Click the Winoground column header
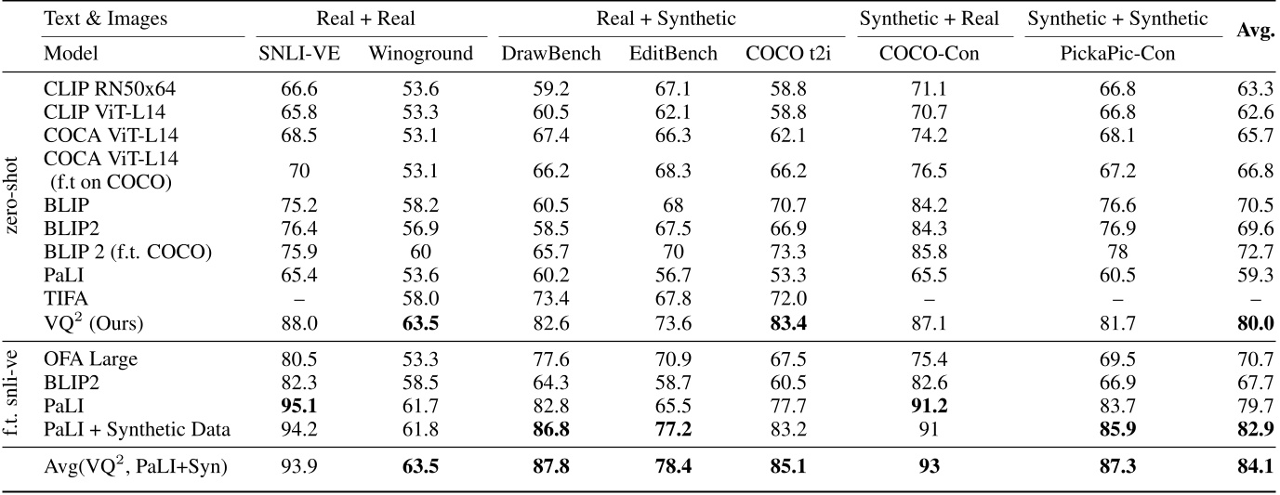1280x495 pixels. [x=420, y=54]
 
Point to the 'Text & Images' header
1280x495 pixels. [x=95, y=18]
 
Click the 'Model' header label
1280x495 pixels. [x=71, y=54]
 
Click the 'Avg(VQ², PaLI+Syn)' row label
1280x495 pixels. [x=136, y=466]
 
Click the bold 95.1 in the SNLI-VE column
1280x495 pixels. [x=299, y=405]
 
